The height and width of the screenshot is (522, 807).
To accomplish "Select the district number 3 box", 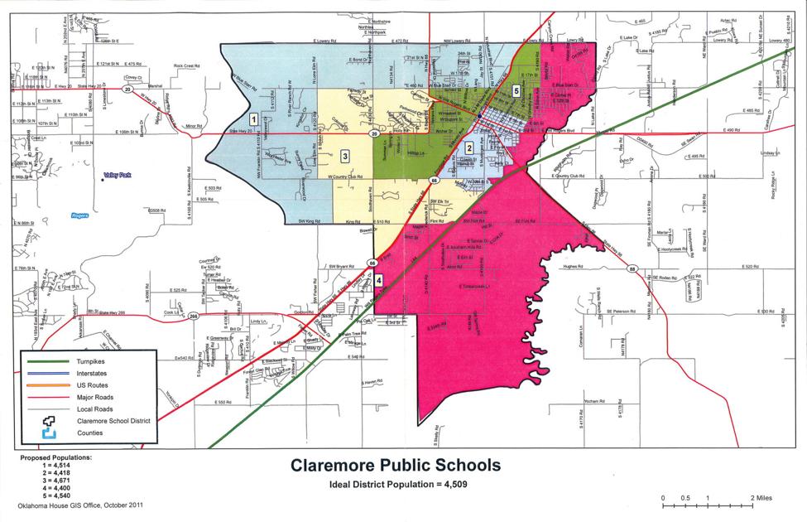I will click(343, 152).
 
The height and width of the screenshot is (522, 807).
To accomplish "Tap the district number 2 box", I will click(468, 147).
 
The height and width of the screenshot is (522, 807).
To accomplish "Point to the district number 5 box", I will click(516, 90).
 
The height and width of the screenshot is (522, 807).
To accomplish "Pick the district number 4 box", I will click(378, 280).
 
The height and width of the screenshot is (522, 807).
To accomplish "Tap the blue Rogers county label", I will click(81, 213).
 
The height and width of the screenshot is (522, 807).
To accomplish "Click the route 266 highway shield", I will click(194, 315).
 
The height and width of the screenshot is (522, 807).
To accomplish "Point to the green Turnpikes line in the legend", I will click(49, 362).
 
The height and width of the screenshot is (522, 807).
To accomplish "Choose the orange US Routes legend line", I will click(49, 385).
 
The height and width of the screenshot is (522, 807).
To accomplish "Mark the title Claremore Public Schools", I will click(395, 465).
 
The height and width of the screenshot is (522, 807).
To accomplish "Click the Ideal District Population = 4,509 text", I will click(396, 483).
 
